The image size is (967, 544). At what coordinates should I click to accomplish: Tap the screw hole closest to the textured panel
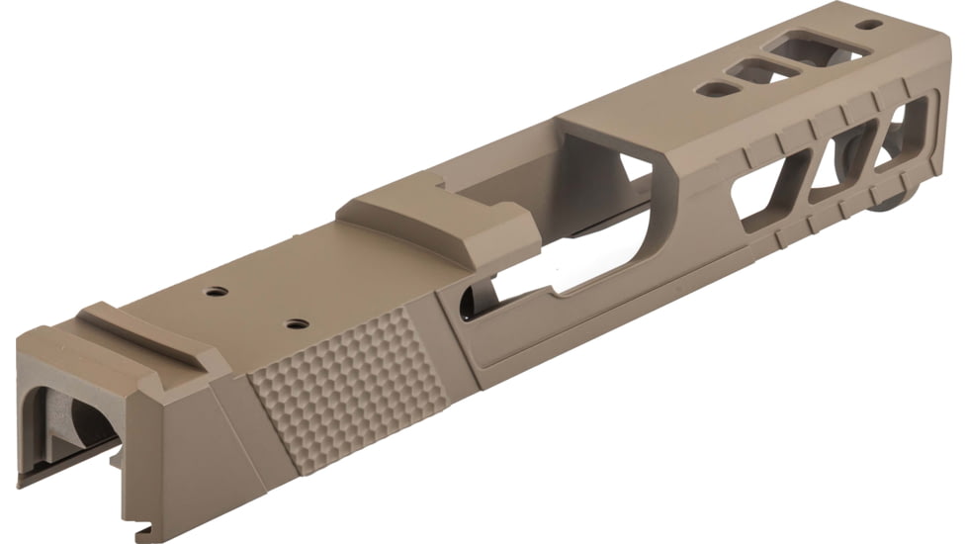click(293, 323)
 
